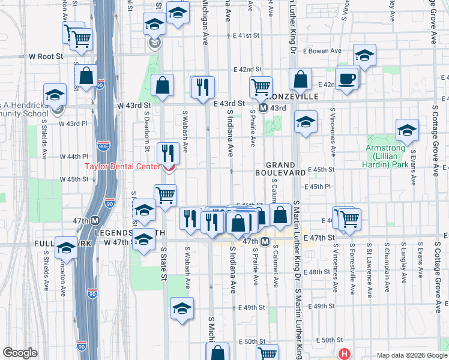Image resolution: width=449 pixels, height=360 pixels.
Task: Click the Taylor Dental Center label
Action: (x=121, y=167)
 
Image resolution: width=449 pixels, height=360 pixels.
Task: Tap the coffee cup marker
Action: (x=347, y=78)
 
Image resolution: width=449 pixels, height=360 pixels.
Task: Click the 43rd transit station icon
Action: (x=263, y=108)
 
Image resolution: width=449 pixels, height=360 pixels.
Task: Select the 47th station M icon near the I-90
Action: (x=95, y=220)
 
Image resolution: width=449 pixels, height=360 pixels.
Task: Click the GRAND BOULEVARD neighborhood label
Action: (x=285, y=169)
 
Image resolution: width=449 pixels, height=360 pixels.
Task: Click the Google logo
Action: (x=20, y=353)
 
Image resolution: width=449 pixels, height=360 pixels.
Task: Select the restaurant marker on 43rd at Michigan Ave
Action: (x=203, y=86)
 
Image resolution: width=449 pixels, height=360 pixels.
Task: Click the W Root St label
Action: (x=46, y=56)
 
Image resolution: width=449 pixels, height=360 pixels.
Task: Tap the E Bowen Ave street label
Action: (x=325, y=52)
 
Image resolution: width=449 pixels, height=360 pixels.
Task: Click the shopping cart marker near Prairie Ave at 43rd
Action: (x=261, y=86)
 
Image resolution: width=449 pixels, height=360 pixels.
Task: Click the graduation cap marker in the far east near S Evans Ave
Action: (x=407, y=130)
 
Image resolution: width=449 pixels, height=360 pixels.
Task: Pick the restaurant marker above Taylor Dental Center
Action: (x=168, y=152)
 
